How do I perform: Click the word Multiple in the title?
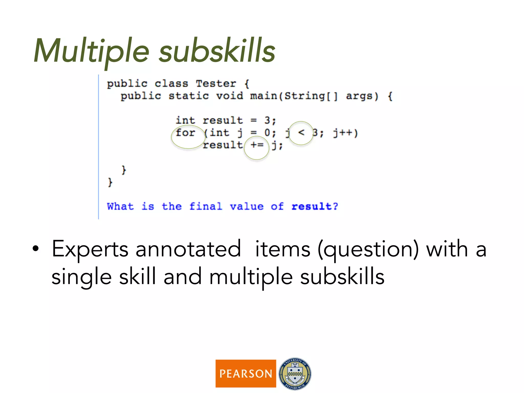point(91,51)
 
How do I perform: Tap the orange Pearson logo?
point(246,373)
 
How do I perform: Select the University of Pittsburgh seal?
point(295,374)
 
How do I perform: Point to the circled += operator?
point(257,145)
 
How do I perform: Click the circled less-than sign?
point(301,133)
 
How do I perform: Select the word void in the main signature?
point(229,96)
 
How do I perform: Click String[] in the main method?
point(311,96)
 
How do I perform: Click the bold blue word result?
point(315,206)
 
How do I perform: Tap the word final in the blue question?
point(206,206)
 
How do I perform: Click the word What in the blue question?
point(120,206)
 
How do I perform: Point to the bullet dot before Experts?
point(36,249)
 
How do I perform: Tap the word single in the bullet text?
point(82,277)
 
